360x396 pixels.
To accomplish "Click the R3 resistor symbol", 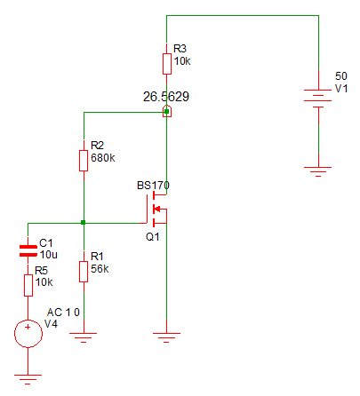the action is pos(167,64).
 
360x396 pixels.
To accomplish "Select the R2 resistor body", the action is pos(84,161).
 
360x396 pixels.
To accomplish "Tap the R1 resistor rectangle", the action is pos(84,272).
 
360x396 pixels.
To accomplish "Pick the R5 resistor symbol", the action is pos(28,285).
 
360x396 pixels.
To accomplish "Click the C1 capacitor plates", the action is pos(28,250).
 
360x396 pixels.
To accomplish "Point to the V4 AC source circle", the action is pos(28,334).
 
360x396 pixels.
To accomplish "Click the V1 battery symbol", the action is pos(318,99).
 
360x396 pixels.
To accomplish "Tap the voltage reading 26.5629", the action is pos(166,97).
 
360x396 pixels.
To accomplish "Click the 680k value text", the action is pos(103,158).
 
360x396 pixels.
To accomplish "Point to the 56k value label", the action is pos(100,269).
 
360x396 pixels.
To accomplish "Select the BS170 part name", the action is pos(153,186).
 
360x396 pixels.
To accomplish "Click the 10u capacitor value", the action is pos(49,255).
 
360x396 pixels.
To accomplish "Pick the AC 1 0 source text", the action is pos(63,313).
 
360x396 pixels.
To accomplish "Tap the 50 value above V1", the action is pos(341,76).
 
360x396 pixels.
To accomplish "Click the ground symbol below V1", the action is pos(318,171).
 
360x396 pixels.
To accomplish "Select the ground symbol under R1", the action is pos(84,337).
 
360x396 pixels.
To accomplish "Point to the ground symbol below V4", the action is pos(28,379).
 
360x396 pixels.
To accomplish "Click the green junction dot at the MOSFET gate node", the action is pos(84,222).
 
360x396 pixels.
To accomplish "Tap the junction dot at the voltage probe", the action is pos(167,112).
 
